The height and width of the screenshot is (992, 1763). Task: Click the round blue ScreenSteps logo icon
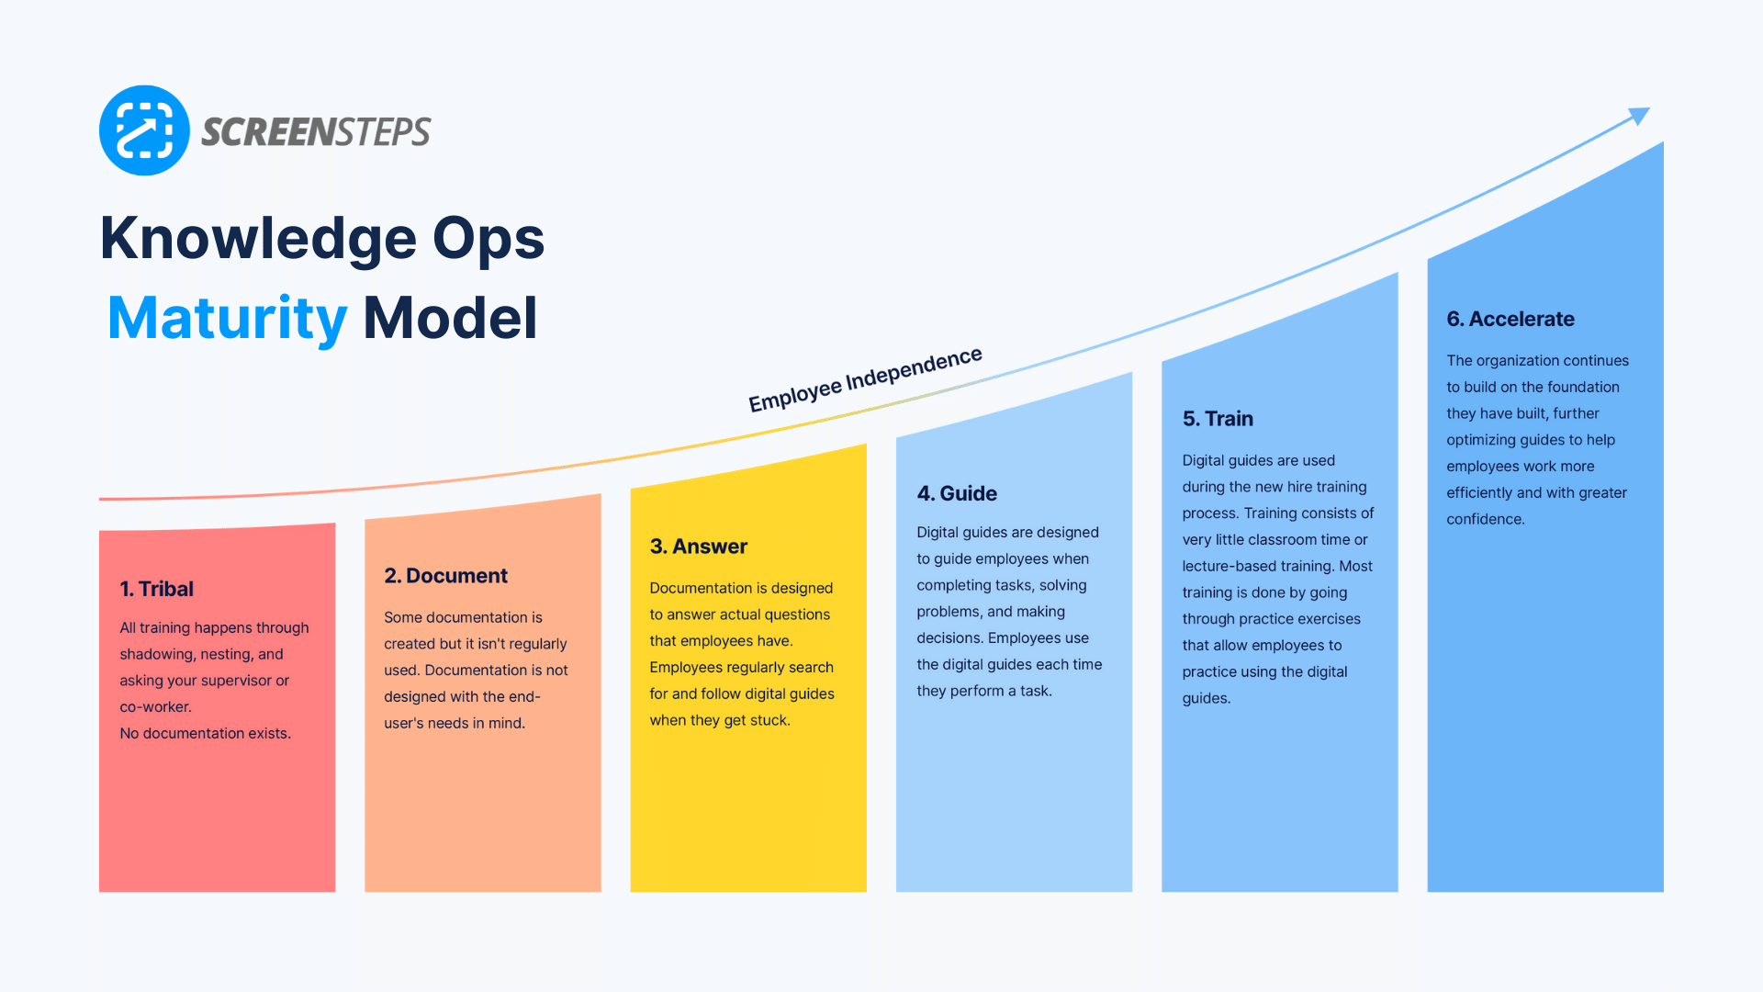[x=144, y=130]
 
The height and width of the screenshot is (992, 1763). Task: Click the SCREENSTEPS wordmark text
[x=316, y=132]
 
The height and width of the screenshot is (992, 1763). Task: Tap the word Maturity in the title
[x=227, y=318]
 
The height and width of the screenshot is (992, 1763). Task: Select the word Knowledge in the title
[x=258, y=238]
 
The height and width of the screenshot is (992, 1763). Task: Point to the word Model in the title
[x=450, y=318]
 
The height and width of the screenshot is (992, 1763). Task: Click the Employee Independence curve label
[x=865, y=379]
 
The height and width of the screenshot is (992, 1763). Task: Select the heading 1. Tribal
[x=156, y=589]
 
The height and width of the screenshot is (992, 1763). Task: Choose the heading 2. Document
[x=445, y=576]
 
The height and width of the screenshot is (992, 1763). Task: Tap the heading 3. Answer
[x=698, y=547]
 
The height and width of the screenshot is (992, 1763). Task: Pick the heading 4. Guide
[x=956, y=493]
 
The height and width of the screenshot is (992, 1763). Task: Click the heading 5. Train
[x=1218, y=419]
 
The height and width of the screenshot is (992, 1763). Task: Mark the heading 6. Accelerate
[x=1510, y=319]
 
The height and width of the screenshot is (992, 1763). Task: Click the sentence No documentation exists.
[x=205, y=733]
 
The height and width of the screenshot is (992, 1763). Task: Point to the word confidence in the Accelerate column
[x=1484, y=519]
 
